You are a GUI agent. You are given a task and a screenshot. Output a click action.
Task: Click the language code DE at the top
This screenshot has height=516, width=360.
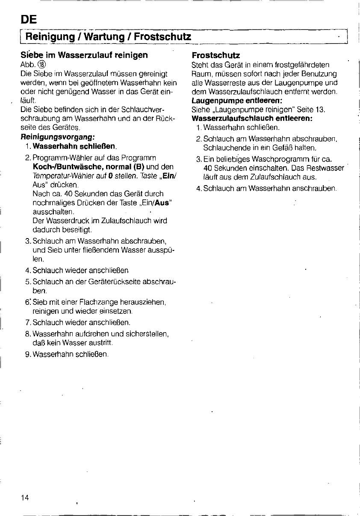29,20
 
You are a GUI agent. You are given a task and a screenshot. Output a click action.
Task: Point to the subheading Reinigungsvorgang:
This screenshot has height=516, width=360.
57,137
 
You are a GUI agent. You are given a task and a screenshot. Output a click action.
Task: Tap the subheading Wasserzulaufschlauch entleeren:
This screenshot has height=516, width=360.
252,118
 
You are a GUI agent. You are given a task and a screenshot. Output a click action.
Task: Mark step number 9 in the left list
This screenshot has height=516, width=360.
28,354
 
